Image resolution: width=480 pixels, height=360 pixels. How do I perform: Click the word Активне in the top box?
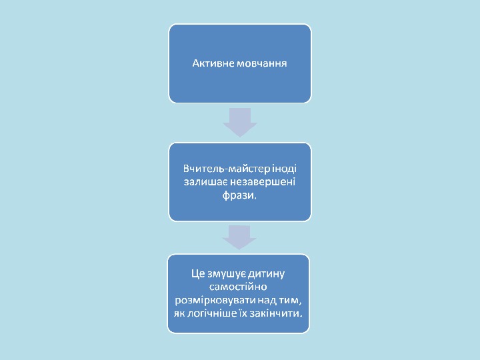click(209, 64)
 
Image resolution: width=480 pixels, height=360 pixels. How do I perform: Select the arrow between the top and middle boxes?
click(240, 121)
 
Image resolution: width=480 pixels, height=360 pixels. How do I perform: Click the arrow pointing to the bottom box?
click(239, 237)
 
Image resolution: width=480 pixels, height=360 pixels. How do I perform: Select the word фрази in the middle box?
click(239, 196)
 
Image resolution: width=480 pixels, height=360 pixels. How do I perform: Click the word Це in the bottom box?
click(197, 273)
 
